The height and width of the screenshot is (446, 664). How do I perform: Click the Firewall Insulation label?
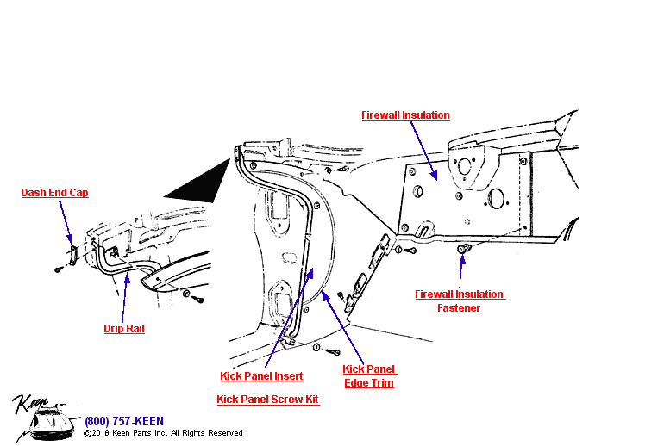coord(405,115)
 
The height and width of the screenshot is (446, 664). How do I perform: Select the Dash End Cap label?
coord(54,193)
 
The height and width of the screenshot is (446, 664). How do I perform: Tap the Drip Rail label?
coord(124,329)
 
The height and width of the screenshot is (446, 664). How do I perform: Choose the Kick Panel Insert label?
coord(261,376)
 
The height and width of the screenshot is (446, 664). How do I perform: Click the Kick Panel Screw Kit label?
coord(267,400)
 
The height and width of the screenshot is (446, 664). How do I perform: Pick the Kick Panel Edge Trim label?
coord(368,376)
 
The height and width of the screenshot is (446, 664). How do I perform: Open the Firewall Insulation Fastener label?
coord(459,301)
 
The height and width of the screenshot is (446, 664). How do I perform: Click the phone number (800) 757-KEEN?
coord(123,421)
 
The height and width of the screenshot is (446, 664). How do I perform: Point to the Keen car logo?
coord(43,418)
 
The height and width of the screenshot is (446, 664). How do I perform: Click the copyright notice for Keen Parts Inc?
coord(163,433)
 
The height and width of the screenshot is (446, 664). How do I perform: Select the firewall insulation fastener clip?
coord(462,249)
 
